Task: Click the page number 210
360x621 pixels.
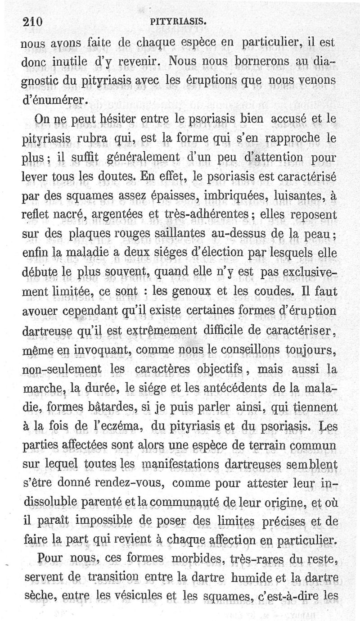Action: coord(31,21)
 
